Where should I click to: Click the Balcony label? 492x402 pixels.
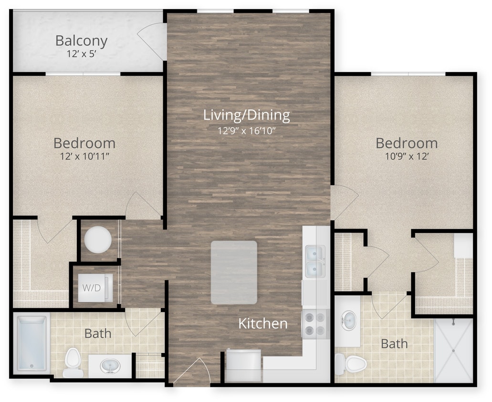pyautogui.click(x=81, y=40)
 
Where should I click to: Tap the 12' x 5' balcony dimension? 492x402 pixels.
pyautogui.click(x=81, y=54)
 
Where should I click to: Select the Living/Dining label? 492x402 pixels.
pyautogui.click(x=246, y=115)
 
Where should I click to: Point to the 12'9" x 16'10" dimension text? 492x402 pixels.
pyautogui.click(x=246, y=130)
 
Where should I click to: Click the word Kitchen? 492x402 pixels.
pyautogui.click(x=263, y=324)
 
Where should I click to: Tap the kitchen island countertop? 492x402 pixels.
pyautogui.click(x=234, y=272)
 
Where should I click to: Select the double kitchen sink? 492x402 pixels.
pyautogui.click(x=315, y=261)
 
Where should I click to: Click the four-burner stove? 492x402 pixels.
pyautogui.click(x=315, y=324)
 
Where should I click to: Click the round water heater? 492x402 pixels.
pyautogui.click(x=98, y=239)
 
